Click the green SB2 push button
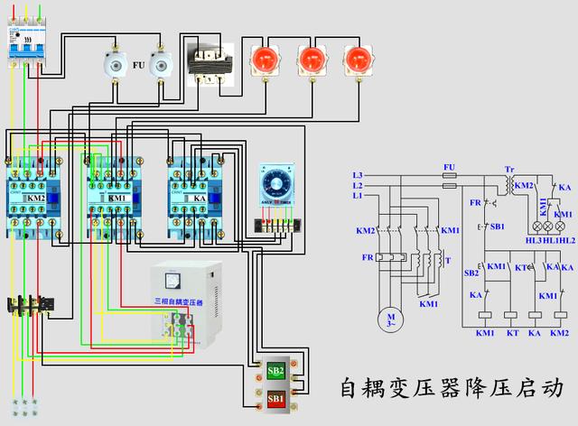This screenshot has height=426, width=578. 275,372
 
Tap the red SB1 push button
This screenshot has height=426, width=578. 275,397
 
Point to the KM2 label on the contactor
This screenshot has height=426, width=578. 35,198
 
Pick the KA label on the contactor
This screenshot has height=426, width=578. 199,198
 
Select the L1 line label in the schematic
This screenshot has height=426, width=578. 358,196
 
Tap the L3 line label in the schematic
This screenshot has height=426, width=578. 358,174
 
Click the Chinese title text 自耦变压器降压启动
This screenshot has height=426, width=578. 451,387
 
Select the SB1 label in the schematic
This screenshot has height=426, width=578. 497,226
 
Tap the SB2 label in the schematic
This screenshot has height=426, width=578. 471,273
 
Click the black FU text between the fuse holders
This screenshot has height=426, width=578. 138,66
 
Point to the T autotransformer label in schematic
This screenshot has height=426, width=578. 448,261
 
